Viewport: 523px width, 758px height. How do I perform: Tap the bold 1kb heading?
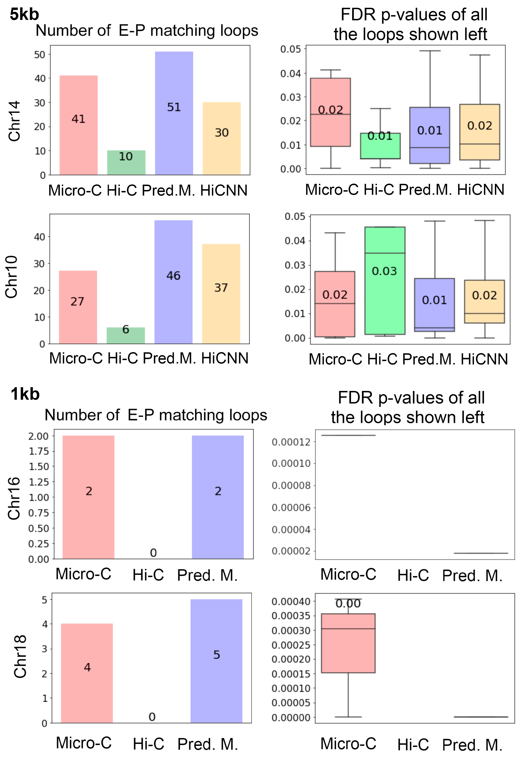25,394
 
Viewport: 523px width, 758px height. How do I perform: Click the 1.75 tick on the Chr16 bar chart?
39,451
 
